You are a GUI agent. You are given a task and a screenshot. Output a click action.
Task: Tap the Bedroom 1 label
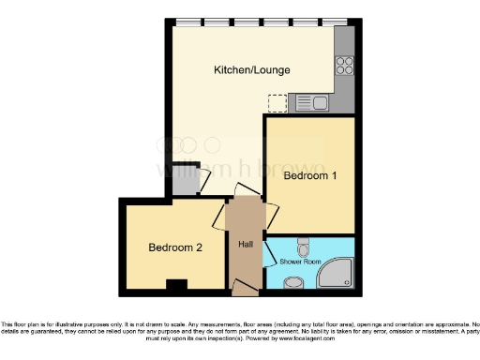[308, 175]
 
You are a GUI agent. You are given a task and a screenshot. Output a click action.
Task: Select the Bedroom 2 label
[174, 247]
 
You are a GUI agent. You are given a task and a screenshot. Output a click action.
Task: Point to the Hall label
[246, 245]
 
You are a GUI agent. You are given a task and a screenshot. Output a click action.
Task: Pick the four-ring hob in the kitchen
[344, 66]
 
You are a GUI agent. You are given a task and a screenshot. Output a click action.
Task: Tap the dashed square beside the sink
[277, 103]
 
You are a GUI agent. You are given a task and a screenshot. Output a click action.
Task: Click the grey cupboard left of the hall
[183, 183]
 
